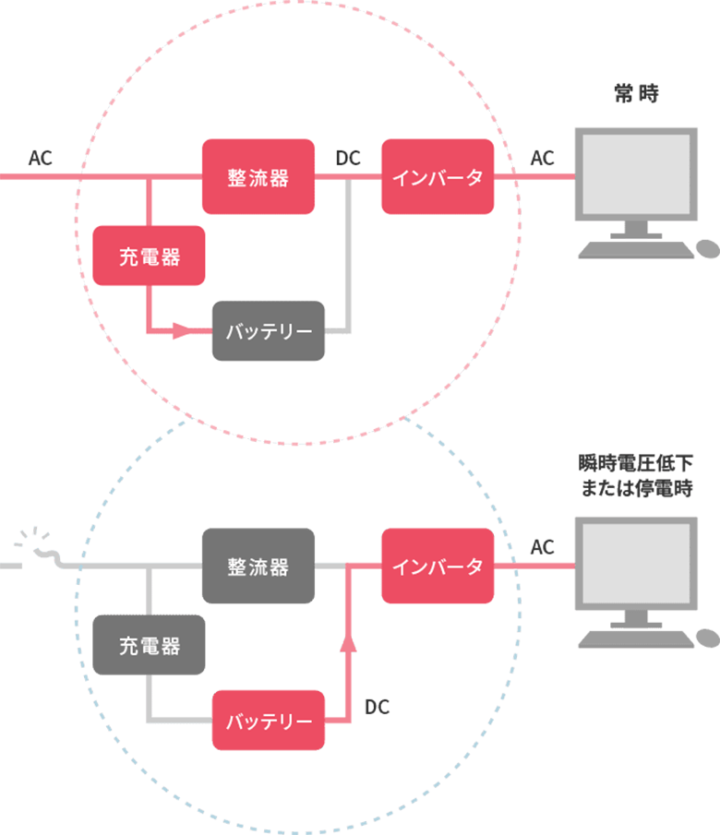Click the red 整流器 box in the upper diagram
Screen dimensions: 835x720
point(258,177)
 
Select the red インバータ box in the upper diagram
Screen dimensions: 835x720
point(438,177)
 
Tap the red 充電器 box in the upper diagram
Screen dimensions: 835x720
point(150,256)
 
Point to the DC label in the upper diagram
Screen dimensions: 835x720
point(348,160)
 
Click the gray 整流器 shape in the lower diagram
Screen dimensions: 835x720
point(258,567)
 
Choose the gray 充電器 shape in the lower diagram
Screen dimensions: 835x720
point(150,646)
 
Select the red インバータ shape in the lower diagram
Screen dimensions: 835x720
point(438,567)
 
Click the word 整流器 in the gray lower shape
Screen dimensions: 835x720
point(258,567)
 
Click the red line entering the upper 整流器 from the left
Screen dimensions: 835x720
point(138,177)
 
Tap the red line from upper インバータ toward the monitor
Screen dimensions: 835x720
point(508,178)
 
